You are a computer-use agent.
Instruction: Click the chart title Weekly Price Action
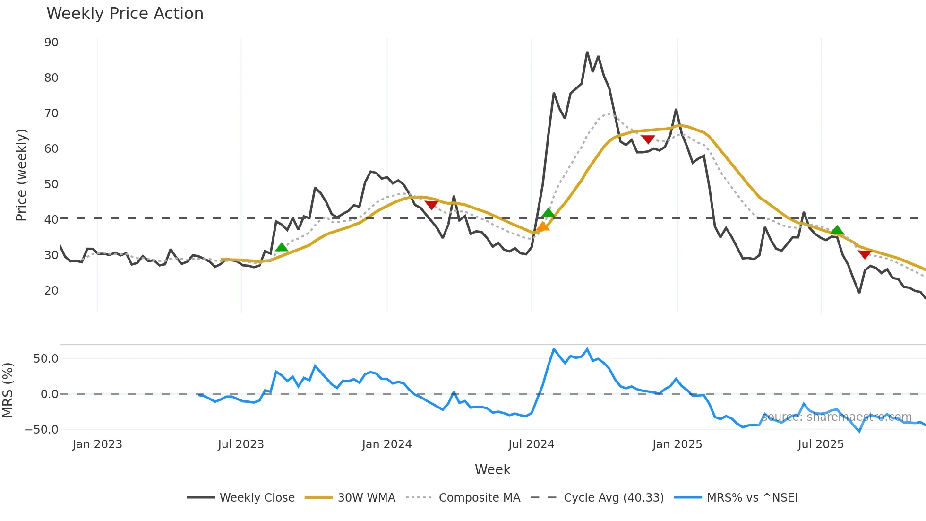click(x=125, y=14)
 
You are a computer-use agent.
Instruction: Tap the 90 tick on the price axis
click(x=51, y=43)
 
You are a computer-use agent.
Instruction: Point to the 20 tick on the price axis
click(x=51, y=291)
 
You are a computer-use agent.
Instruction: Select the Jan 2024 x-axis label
click(x=386, y=444)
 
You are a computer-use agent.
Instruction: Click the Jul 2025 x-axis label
click(x=821, y=444)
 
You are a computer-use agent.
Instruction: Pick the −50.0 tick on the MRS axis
click(x=42, y=430)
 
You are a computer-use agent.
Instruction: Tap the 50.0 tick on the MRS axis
click(x=46, y=359)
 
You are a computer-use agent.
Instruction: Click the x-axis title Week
click(x=492, y=469)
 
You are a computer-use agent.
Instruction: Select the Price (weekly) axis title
click(x=21, y=175)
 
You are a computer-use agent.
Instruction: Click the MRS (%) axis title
click(x=8, y=390)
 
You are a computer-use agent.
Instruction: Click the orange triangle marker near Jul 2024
click(x=542, y=227)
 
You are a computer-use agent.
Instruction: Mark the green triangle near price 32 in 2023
click(x=282, y=247)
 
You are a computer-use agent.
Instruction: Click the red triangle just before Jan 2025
click(x=648, y=139)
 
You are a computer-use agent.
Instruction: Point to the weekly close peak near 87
click(x=587, y=52)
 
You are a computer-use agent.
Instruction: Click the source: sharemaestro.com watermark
click(x=836, y=417)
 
